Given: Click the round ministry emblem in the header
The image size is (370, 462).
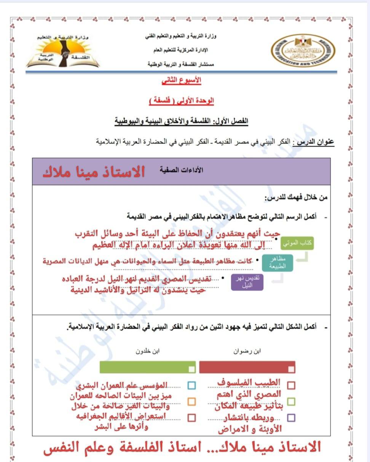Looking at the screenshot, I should click(x=303, y=52).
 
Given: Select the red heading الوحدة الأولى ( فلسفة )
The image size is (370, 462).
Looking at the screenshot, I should click(x=181, y=101).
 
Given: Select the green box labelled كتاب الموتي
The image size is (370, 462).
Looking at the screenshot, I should click(x=297, y=242).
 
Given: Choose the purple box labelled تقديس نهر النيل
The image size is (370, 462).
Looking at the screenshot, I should click(x=247, y=283).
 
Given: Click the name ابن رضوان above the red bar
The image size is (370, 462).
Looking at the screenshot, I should click(x=247, y=351).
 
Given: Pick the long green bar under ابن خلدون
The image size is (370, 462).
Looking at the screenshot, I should click(x=148, y=367).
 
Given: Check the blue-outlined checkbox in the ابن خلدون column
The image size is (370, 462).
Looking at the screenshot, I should click(x=191, y=385).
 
